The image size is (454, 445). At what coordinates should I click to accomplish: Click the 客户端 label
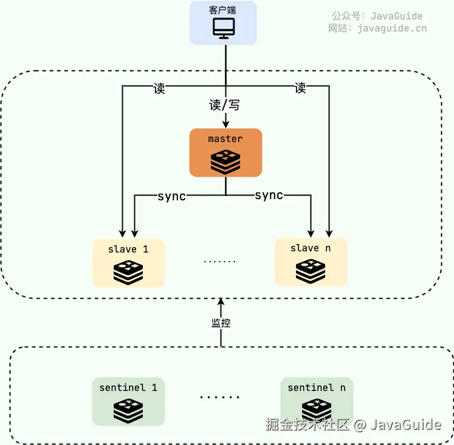[222, 10]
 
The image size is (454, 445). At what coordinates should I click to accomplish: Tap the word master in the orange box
[225, 139]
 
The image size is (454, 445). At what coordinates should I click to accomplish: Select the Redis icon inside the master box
[225, 161]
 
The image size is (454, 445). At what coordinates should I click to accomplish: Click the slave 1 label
[128, 249]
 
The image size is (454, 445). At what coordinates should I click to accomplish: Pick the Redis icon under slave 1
[128, 272]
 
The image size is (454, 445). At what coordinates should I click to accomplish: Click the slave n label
[311, 248]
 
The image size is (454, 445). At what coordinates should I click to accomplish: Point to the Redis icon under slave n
[311, 271]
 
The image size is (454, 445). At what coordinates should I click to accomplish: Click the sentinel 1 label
[128, 387]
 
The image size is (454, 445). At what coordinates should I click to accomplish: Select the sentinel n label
[317, 387]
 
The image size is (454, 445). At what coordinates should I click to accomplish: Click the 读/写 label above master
[224, 105]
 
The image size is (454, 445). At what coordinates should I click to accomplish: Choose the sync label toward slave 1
[171, 196]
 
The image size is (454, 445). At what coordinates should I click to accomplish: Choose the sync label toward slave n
[269, 195]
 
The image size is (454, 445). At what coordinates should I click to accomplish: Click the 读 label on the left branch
[159, 88]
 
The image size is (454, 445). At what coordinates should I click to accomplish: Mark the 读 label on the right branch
[300, 88]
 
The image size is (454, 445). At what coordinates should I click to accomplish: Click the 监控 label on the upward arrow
[221, 324]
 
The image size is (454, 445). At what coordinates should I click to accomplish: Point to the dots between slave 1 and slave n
[219, 262]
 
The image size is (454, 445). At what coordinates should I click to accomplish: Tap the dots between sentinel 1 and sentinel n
[219, 398]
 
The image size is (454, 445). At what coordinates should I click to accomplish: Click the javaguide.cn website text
[392, 28]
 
